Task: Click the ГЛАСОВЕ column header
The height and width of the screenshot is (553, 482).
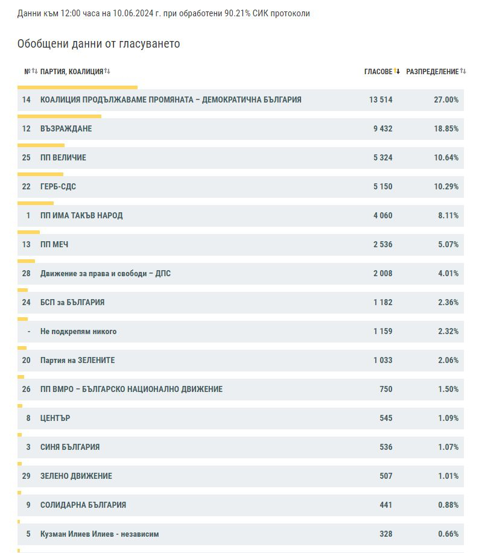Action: [x=378, y=72]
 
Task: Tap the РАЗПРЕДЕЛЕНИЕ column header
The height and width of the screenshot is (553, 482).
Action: [x=433, y=72]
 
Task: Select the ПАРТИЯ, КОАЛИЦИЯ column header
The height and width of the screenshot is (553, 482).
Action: [x=72, y=72]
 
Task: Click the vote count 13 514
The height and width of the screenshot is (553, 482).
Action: [x=381, y=100]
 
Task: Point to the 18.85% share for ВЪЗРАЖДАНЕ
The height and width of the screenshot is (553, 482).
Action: [x=446, y=128]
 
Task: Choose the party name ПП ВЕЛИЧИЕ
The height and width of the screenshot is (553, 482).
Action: [x=63, y=157]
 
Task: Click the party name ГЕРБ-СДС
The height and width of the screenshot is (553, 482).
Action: [x=59, y=186]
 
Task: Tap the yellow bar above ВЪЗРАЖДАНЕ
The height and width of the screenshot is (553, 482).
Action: [x=59, y=116]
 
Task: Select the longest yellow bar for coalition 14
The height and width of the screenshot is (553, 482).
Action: [x=78, y=87]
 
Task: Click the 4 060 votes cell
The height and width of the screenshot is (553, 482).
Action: [x=383, y=215]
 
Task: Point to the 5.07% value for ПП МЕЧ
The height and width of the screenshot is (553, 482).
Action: [x=448, y=244]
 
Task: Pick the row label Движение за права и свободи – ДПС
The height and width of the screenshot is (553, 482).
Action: [x=106, y=273]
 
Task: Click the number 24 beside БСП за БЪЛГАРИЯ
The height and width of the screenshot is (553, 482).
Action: [x=26, y=302]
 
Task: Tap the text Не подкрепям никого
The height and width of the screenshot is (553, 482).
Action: [x=78, y=332]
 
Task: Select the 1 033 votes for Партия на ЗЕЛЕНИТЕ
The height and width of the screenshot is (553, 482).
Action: [x=383, y=360]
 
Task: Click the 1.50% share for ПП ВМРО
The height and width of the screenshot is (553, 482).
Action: [x=448, y=389]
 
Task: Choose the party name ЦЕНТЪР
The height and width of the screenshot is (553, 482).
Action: [x=55, y=419]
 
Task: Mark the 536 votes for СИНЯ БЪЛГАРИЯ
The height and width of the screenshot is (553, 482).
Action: [x=386, y=447]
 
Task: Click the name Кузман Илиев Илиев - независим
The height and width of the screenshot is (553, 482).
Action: [x=100, y=534]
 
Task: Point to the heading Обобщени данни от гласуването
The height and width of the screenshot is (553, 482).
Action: [x=99, y=44]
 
